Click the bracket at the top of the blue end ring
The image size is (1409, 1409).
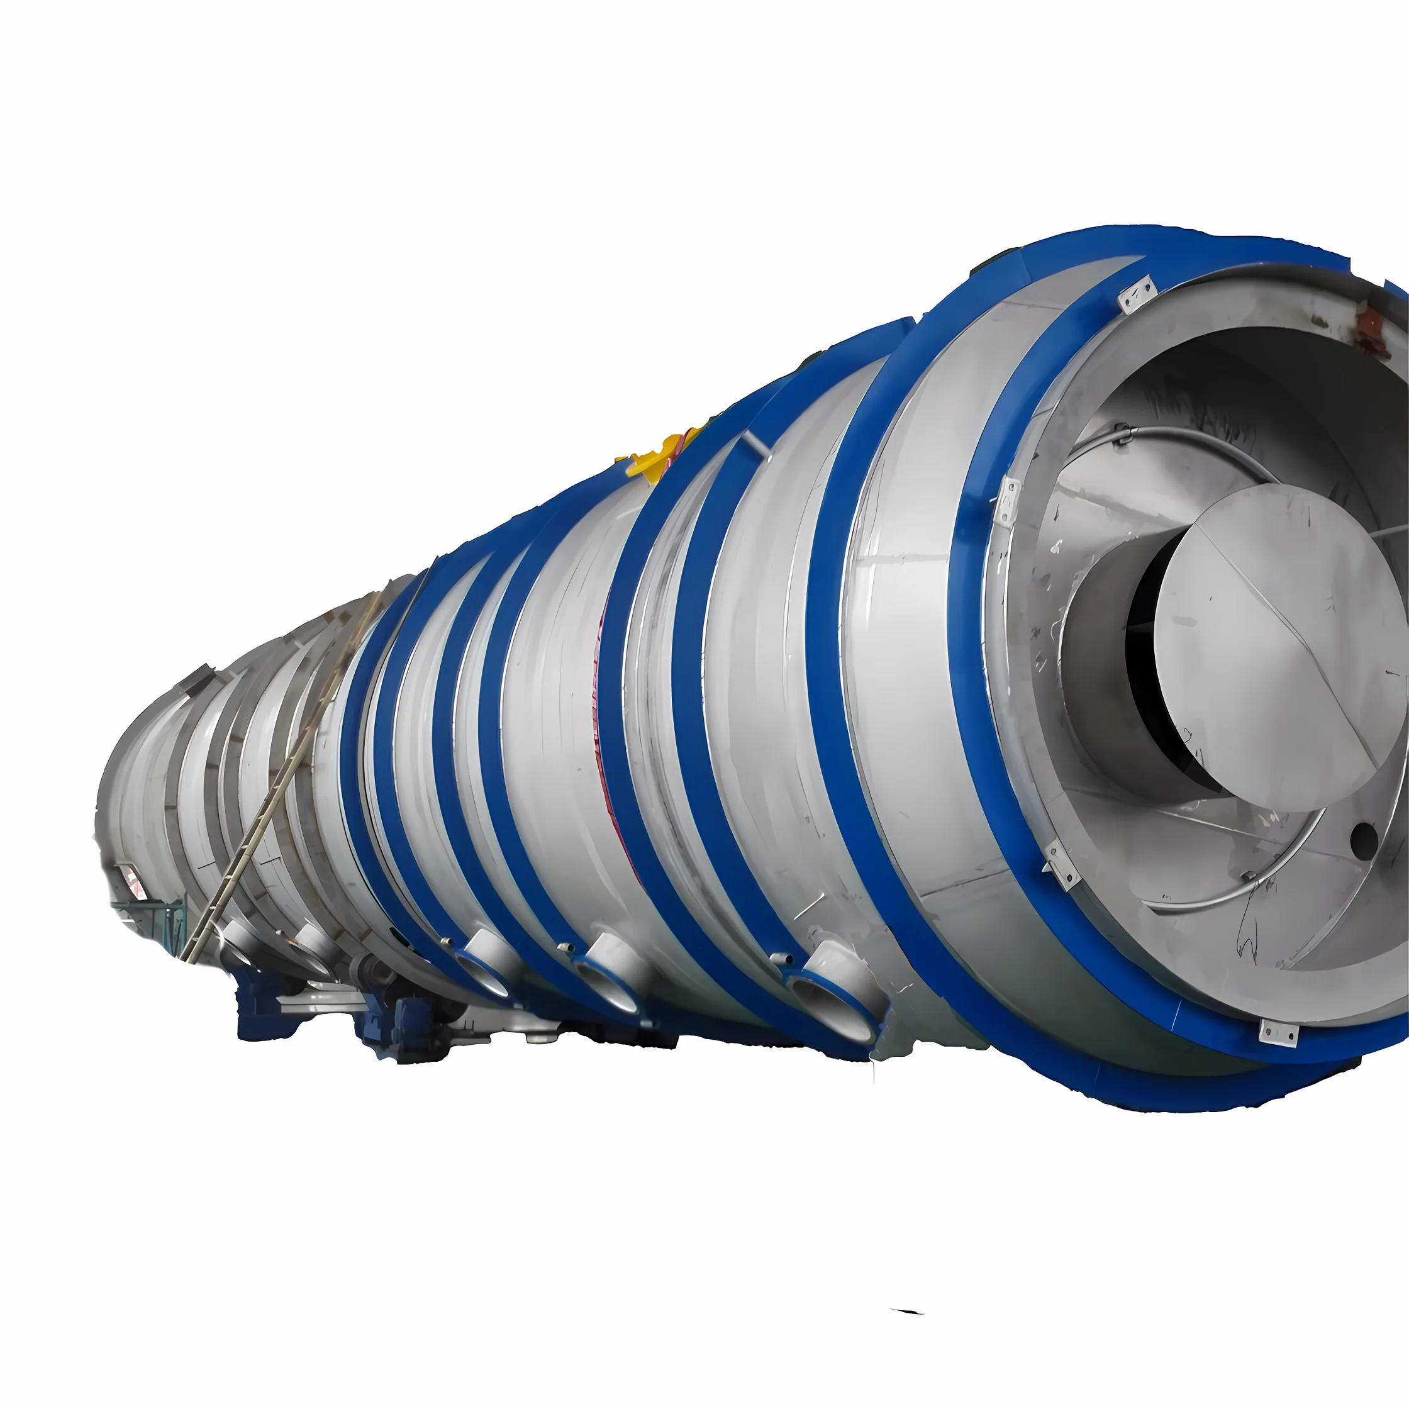tap(1137, 293)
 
